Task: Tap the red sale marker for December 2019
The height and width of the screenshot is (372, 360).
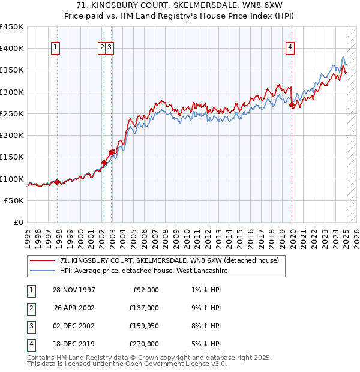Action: click(x=292, y=105)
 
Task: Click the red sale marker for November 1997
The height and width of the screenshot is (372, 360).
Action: click(x=58, y=182)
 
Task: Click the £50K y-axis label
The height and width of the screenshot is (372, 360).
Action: click(x=14, y=201)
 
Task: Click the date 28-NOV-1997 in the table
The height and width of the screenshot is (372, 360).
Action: click(x=74, y=290)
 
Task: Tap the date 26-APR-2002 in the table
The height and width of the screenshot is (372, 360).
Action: click(x=74, y=308)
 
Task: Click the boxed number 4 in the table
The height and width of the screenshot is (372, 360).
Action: click(x=31, y=344)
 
